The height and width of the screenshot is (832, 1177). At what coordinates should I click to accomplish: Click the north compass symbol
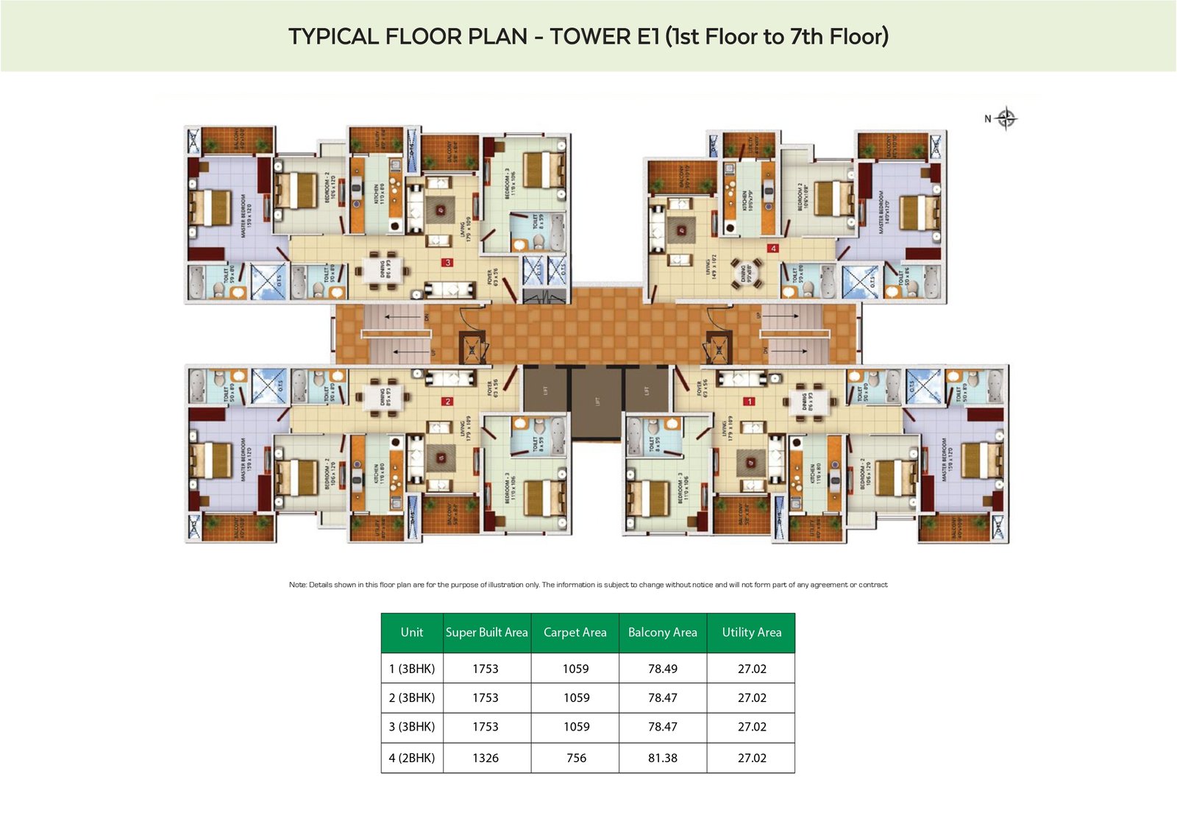click(x=1006, y=118)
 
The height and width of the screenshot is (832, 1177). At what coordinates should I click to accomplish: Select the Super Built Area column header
click(x=486, y=632)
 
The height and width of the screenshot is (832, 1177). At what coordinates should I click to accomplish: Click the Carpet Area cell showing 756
click(x=576, y=758)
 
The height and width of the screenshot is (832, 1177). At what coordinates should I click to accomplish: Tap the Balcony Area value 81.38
click(x=662, y=758)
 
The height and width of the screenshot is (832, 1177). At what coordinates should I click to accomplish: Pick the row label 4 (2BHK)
click(x=411, y=758)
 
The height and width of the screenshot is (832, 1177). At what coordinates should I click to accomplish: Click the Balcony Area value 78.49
click(x=662, y=669)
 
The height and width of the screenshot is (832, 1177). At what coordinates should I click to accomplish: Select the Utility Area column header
click(x=751, y=632)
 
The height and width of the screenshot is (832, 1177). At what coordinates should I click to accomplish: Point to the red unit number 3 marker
click(x=447, y=263)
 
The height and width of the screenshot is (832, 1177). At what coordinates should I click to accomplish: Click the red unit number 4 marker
click(x=772, y=249)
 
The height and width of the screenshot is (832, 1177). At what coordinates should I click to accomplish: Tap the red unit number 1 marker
click(x=749, y=402)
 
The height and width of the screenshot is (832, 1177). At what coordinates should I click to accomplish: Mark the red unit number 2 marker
click(x=447, y=402)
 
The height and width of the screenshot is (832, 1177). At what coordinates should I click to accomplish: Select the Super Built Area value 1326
click(x=486, y=758)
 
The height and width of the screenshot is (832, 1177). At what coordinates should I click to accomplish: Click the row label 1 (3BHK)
click(x=411, y=669)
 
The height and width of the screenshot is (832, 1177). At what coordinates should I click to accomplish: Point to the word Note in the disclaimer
click(x=297, y=585)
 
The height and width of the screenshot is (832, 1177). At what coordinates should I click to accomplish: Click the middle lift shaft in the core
click(x=597, y=402)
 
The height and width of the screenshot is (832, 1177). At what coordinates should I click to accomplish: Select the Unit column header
click(x=411, y=632)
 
